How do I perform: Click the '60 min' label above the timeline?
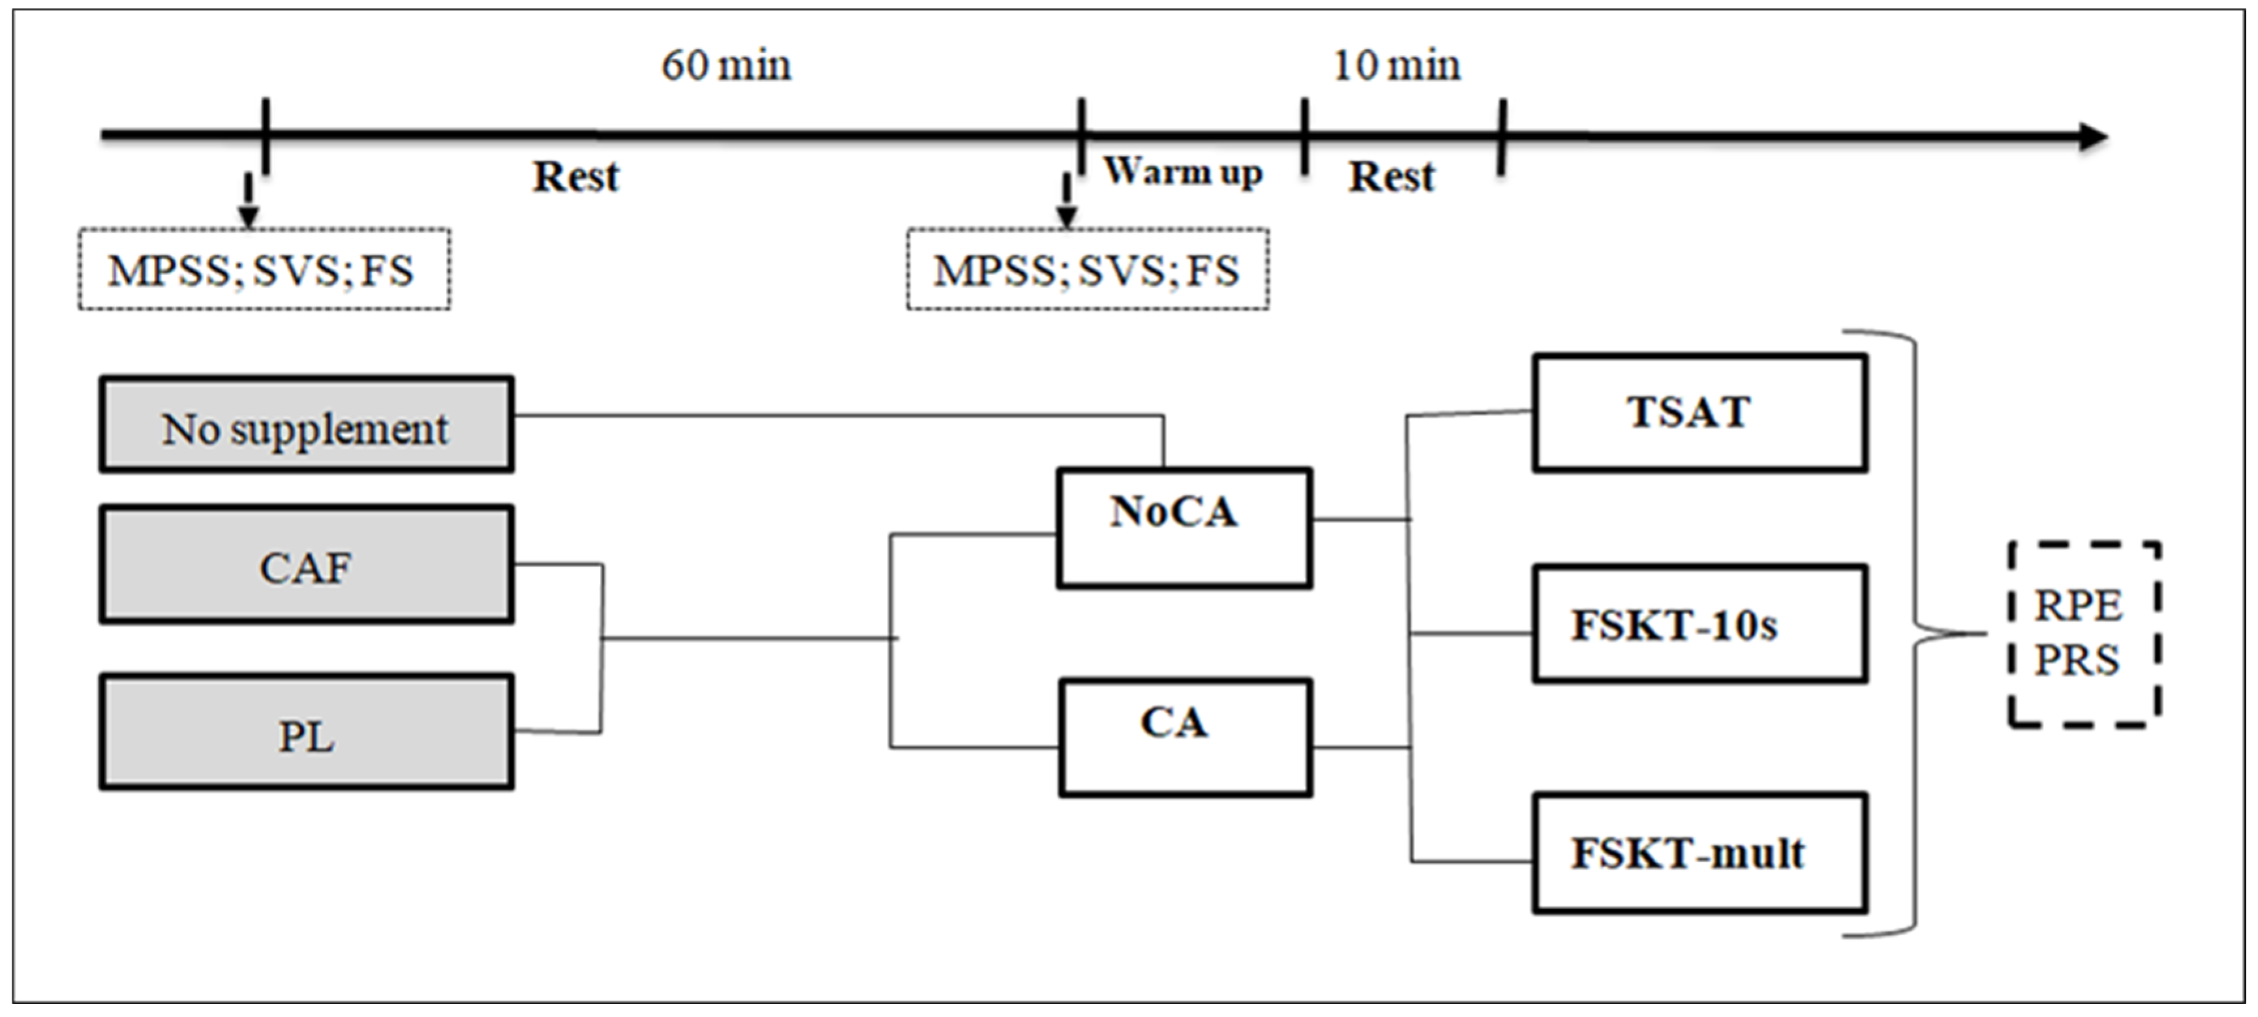725,66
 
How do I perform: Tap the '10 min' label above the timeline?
1396,66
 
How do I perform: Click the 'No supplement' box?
306,426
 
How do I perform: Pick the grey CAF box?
306,566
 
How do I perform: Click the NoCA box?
1183,528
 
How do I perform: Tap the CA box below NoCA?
1185,737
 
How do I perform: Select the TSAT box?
1699,413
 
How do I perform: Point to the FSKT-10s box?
1699,625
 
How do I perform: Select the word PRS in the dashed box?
2077,660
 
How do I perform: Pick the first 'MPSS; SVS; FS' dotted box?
264,270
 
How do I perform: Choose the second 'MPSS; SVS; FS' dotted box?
1087,270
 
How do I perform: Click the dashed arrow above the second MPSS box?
1066,201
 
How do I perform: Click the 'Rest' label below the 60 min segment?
576,177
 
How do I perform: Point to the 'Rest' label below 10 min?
1391,177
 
